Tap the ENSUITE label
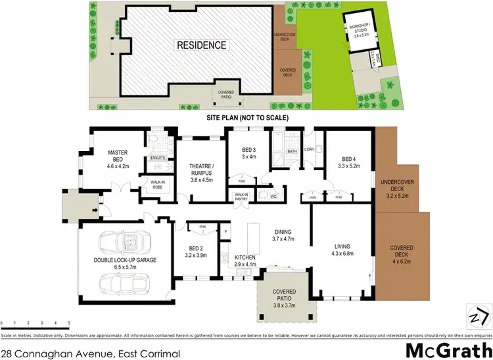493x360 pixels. pos(157,158)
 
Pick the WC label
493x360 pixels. pos(273,196)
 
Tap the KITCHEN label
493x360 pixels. pos(245,257)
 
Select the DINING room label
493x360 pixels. pos(283,232)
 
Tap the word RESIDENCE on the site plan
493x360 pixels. pos(201,46)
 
